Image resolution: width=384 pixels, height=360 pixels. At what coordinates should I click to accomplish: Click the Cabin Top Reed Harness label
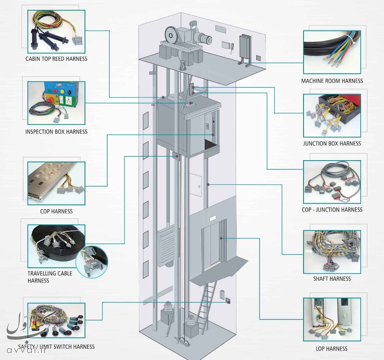[x=56, y=59]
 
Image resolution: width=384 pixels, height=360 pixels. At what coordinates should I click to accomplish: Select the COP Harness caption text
[x=56, y=211]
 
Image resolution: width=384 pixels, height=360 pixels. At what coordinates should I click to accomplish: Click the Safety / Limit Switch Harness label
[x=56, y=347]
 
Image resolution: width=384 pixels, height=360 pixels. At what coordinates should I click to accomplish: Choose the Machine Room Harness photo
[x=332, y=52]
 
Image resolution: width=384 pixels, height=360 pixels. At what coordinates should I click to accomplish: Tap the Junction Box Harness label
[x=332, y=144]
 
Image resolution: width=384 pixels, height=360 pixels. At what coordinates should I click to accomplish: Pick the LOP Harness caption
[x=332, y=349]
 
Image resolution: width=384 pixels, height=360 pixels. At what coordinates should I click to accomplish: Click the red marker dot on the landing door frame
[x=221, y=238]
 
